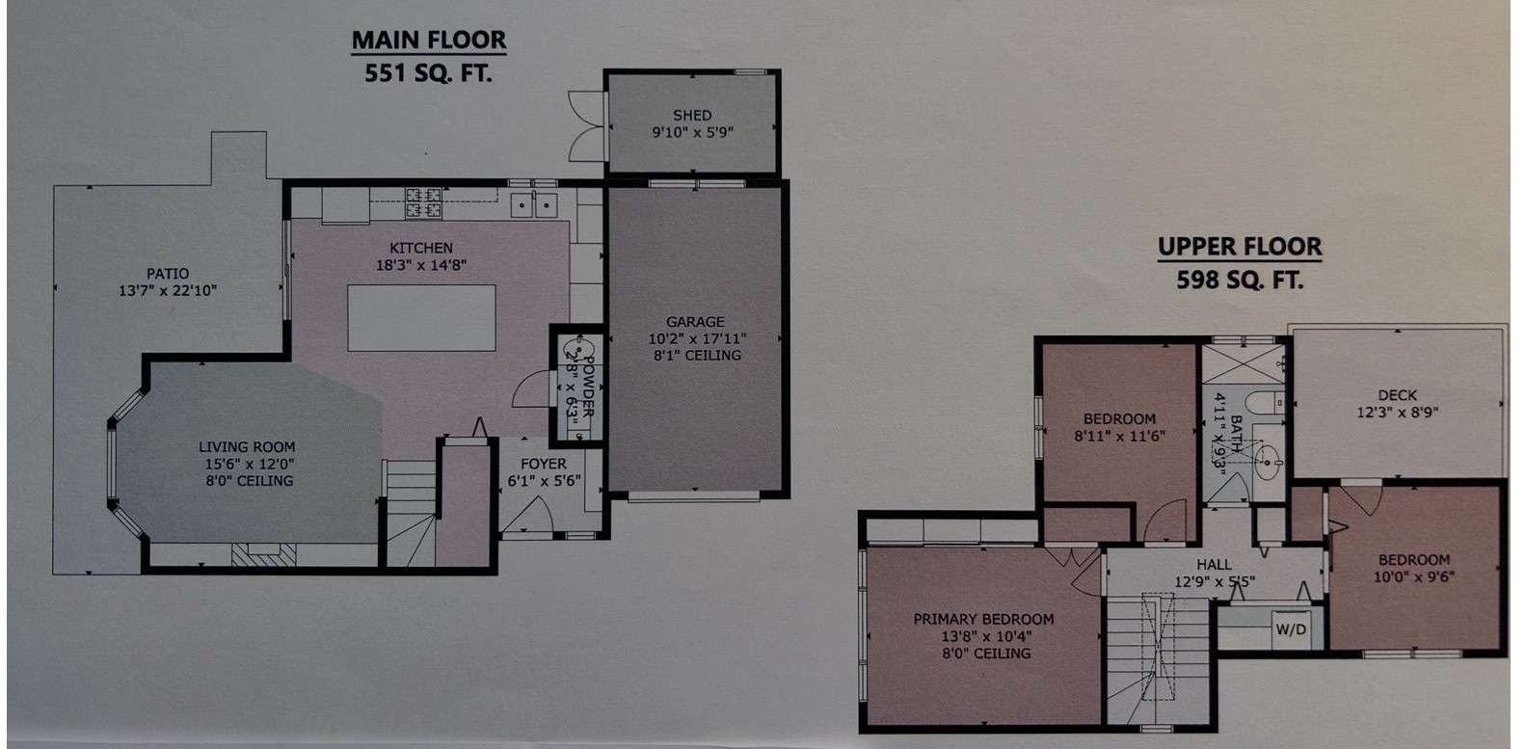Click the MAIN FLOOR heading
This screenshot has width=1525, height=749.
pyautogui.click(x=429, y=40)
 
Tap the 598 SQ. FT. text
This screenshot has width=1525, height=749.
pyautogui.click(x=1240, y=280)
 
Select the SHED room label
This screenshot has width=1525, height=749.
pyautogui.click(x=692, y=116)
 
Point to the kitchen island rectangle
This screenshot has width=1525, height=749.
pyautogui.click(x=421, y=318)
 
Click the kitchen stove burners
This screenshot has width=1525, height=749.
pyautogui.click(x=423, y=202)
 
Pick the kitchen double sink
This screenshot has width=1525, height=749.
pyautogui.click(x=534, y=205)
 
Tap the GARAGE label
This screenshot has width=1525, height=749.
pyautogui.click(x=695, y=321)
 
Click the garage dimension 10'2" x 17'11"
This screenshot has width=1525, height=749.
pyautogui.click(x=697, y=338)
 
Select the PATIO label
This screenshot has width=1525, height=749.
pyautogui.click(x=168, y=274)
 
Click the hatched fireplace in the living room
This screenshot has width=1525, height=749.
pyautogui.click(x=264, y=554)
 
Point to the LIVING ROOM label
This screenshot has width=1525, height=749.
pyautogui.click(x=247, y=447)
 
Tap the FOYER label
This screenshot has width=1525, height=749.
pyautogui.click(x=544, y=464)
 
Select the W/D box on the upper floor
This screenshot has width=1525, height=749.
pyautogui.click(x=1291, y=629)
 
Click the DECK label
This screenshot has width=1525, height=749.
pyautogui.click(x=1397, y=395)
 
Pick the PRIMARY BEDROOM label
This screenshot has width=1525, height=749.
pyautogui.click(x=983, y=619)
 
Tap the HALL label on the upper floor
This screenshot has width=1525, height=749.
pyautogui.click(x=1214, y=565)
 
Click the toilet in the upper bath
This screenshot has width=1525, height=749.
pyautogui.click(x=1268, y=403)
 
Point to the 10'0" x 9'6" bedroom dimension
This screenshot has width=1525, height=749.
pyautogui.click(x=1413, y=577)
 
